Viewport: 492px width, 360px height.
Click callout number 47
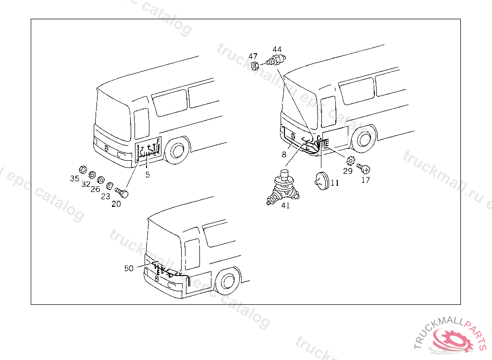pos(253,56)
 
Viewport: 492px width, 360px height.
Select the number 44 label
pos(277,49)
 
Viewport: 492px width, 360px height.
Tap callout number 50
pos(129,268)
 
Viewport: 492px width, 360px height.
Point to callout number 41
pos(285,205)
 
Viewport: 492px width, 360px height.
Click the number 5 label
pos(148,175)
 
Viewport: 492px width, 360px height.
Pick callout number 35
pos(74,179)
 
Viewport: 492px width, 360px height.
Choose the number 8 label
pos(284,154)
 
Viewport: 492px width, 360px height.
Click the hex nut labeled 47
pos(255,66)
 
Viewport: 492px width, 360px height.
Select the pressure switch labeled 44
pos(276,59)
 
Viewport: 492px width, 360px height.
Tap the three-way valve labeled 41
pos(283,187)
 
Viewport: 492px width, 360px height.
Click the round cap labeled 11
pos(321,181)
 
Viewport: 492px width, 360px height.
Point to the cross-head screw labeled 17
pos(364,168)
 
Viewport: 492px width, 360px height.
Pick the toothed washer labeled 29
pos(350,161)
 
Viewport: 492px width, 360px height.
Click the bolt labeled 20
pos(122,192)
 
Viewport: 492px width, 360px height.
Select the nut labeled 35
pos(83,169)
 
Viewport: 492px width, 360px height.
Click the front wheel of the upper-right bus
pos(364,139)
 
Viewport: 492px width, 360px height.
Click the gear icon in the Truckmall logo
pos(454,340)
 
